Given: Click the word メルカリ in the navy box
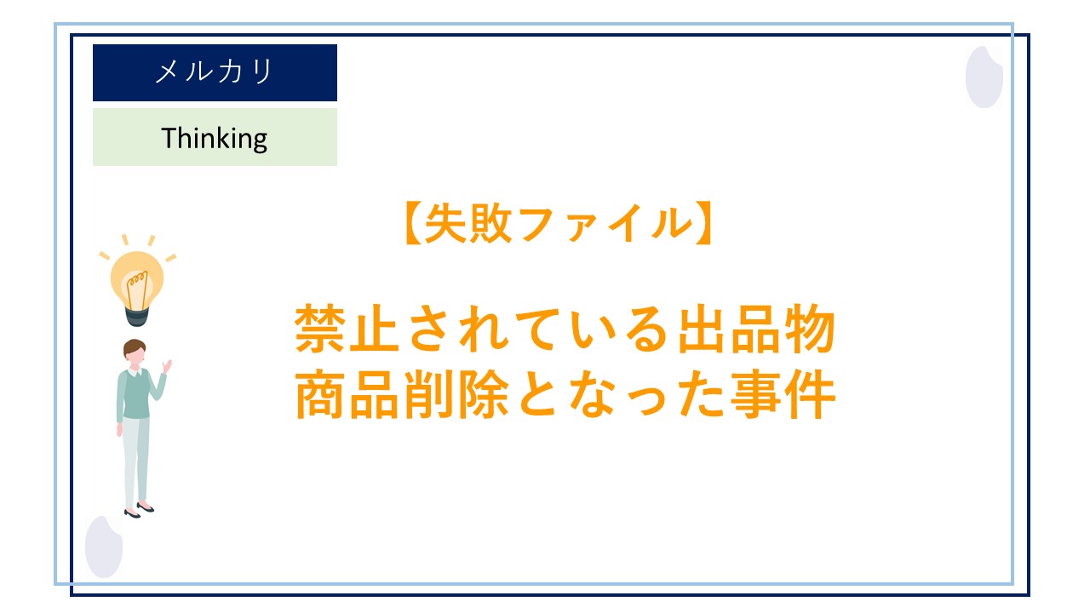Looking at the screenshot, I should (214, 72).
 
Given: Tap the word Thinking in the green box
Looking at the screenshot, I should (215, 137).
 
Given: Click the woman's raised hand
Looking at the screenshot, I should (167, 366).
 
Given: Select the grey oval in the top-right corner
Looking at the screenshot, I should (984, 77).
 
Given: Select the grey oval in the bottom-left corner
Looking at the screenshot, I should (104, 547).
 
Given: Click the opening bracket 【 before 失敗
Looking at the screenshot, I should (410, 224).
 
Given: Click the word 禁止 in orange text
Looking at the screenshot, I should (350, 329).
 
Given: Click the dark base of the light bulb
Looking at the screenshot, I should (137, 316).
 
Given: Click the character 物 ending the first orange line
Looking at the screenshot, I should (807, 329).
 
